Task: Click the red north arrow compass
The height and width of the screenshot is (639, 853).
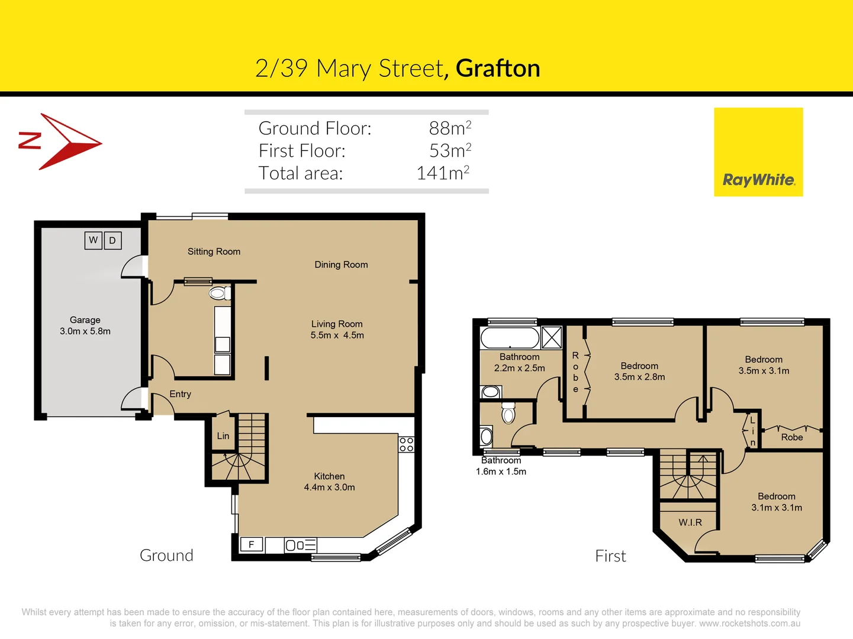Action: [x=65, y=142]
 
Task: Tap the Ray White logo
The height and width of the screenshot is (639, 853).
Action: [x=758, y=152]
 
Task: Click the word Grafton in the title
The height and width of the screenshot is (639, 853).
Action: [x=498, y=69]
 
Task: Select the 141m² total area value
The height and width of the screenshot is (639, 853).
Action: [x=443, y=173]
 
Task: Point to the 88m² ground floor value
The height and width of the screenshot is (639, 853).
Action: [x=450, y=128]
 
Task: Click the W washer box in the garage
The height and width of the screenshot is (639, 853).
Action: [x=94, y=240]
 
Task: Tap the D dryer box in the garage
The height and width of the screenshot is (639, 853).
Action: [x=112, y=241]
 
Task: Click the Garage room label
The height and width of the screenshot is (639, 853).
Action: [x=85, y=320]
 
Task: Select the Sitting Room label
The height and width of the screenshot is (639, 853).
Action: [x=214, y=251]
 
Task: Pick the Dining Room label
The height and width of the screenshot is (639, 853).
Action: [x=341, y=264]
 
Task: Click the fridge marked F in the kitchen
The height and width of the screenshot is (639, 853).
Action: [x=252, y=544]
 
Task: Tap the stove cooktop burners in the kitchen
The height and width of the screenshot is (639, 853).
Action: [x=406, y=444]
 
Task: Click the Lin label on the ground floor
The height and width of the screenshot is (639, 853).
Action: [x=223, y=436]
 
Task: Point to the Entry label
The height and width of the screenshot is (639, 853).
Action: [x=180, y=394]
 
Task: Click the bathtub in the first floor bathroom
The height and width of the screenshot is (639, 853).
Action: [x=510, y=338]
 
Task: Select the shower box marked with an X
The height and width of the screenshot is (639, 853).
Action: [x=552, y=338]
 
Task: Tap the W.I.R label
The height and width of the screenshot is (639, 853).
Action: [x=690, y=522]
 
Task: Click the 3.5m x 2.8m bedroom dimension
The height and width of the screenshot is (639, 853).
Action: [x=639, y=377]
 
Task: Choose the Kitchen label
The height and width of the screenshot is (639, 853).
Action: [x=329, y=476]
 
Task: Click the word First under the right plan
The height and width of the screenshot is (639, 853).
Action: [x=610, y=556]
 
